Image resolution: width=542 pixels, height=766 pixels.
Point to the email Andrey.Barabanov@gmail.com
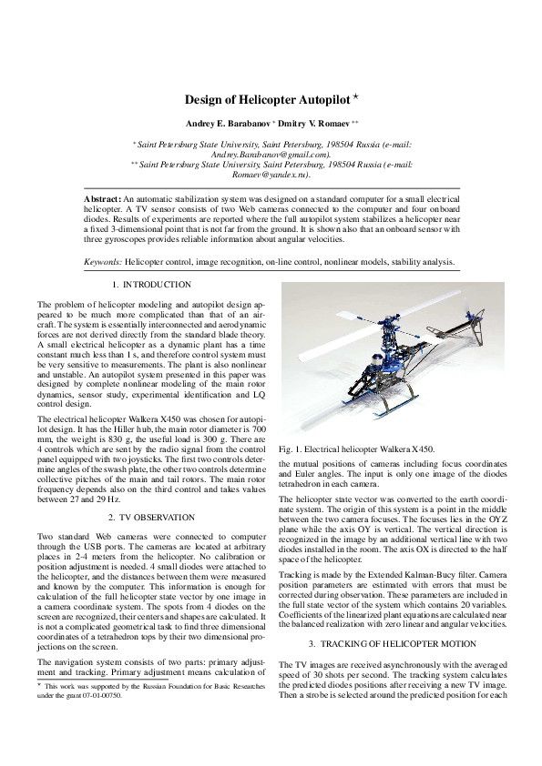[271, 155]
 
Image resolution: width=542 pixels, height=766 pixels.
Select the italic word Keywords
[103, 261]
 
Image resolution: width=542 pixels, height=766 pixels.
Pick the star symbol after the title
[360, 96]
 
